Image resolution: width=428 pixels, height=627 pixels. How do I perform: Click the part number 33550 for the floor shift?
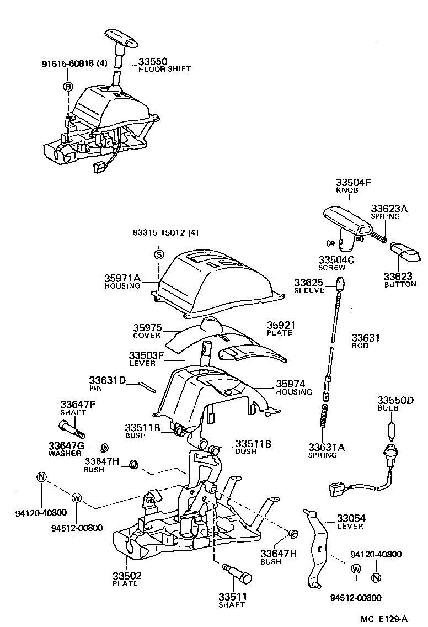pyautogui.click(x=153, y=62)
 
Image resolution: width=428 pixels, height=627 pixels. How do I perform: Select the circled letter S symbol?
pyautogui.click(x=158, y=254)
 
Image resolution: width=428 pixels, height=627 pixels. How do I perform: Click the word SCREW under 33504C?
pyautogui.click(x=331, y=267)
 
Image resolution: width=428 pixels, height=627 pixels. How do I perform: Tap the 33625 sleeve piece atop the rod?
pyautogui.click(x=340, y=283)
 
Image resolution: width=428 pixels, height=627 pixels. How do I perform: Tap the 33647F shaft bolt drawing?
pyautogui.click(x=69, y=427)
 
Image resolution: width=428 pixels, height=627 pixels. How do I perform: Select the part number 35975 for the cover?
pyautogui.click(x=147, y=327)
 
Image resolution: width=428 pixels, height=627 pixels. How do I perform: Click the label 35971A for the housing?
pyautogui.click(x=123, y=278)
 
